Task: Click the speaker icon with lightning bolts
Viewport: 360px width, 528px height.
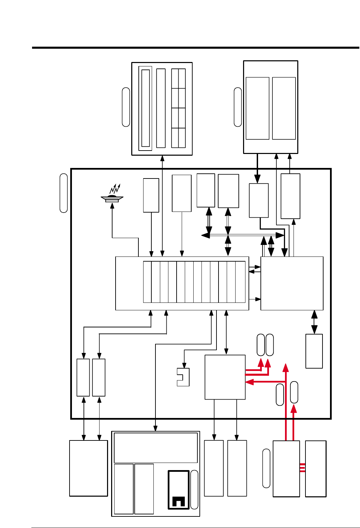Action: coord(112,198)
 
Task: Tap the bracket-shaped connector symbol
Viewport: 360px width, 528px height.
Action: coord(183,377)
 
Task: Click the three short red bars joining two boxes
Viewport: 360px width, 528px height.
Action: coord(302,468)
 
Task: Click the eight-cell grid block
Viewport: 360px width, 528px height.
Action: coord(178,108)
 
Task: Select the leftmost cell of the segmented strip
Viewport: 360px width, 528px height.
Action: coord(147,282)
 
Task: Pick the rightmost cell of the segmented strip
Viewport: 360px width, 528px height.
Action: coord(240,282)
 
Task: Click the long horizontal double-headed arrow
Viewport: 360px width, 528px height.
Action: coord(242,235)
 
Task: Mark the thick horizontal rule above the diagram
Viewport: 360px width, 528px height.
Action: coord(196,48)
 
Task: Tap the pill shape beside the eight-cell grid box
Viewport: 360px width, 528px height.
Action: coord(126,107)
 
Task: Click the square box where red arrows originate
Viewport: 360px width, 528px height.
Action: coord(225,377)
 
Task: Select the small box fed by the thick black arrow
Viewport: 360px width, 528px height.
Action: coord(259,200)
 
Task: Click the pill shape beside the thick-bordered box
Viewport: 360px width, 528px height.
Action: coord(194,490)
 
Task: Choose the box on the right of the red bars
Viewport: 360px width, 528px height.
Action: coord(316,469)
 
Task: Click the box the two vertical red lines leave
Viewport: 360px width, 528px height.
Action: coord(286,469)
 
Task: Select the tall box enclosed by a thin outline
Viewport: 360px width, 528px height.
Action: coord(146,108)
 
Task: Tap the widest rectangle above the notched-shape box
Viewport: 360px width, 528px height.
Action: coord(156,448)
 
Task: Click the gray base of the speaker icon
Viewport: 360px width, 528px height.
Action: coord(112,201)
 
